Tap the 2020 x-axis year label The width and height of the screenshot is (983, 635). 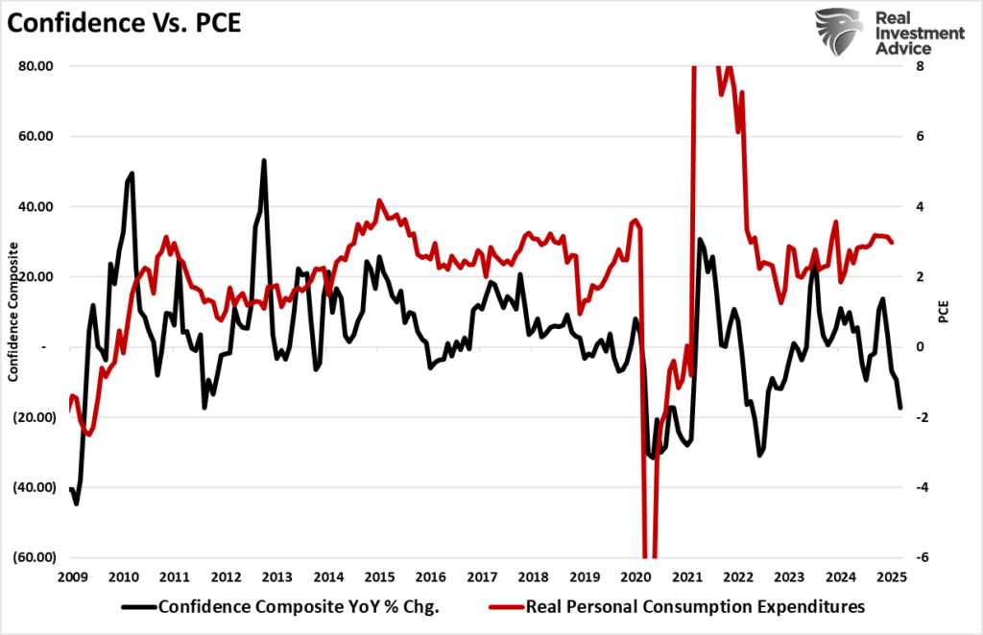tap(635, 577)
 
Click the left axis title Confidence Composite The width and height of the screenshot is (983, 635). tap(13, 312)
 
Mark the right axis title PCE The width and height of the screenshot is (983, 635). tap(945, 312)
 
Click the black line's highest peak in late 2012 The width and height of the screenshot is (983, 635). tap(263, 160)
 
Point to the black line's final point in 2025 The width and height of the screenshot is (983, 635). tap(900, 409)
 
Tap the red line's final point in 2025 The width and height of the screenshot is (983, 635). tap(892, 242)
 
